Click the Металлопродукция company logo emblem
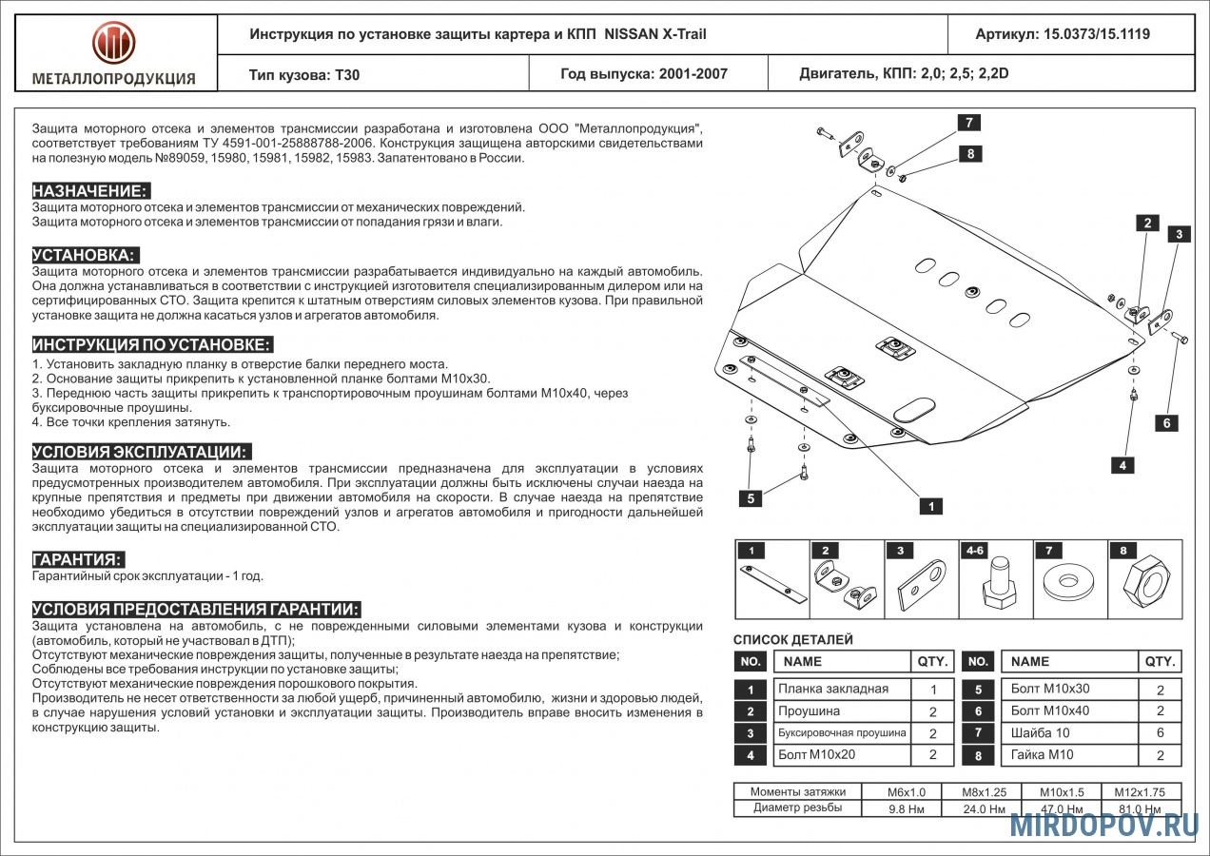point(113,43)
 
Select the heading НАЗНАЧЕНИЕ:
point(90,190)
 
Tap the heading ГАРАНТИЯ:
point(78,559)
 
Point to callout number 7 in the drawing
point(969,123)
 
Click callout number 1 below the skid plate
point(932,507)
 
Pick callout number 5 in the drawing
point(751,496)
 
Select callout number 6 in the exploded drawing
point(1166,422)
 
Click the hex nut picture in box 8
point(1145,580)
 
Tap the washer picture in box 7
point(1068,581)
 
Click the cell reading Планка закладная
point(833,689)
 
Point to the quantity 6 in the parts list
point(1160,733)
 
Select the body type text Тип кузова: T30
point(304,74)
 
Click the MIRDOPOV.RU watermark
point(1103,826)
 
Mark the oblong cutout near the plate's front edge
point(913,410)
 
